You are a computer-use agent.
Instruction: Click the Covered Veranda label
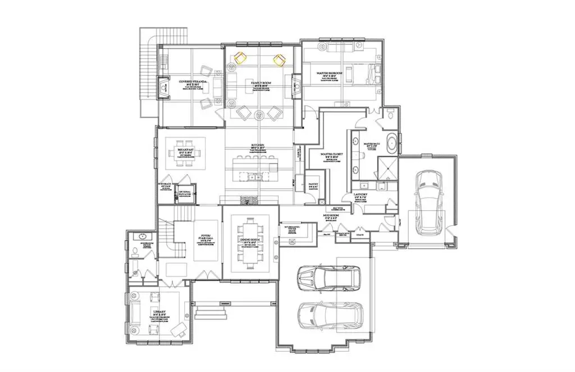coord(193,82)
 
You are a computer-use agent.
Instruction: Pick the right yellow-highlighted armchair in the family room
coord(279,59)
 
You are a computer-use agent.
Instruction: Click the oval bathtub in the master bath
coord(391,143)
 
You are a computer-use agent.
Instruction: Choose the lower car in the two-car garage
coord(330,318)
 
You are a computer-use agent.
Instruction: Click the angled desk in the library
coord(178,327)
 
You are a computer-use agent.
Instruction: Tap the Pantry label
coord(312,183)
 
